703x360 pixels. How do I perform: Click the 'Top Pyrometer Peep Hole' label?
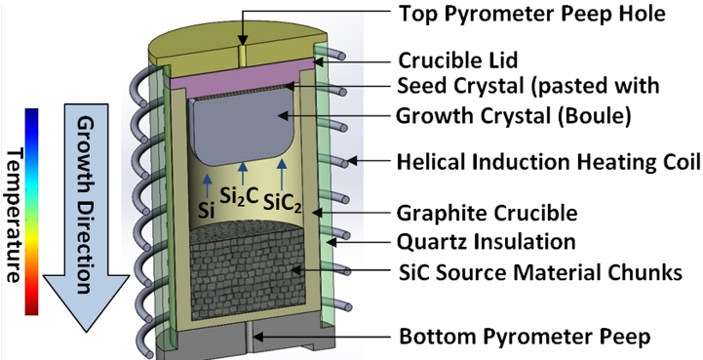tap(531, 16)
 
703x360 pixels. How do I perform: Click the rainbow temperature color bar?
tap(32, 211)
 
